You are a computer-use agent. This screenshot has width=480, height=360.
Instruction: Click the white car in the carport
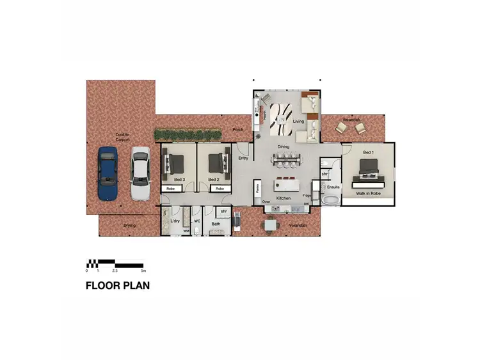pos(140,173)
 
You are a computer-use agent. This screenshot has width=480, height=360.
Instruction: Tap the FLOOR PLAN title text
pos(118,286)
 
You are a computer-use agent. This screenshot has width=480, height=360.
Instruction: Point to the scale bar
pos(115,263)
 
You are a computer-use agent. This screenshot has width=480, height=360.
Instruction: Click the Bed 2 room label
pos(214,180)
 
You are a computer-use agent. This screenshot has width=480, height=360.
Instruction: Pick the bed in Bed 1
pos(369,168)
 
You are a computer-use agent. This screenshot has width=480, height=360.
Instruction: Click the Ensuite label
pos(333,187)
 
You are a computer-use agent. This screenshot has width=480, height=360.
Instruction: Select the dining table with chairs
pos(285,159)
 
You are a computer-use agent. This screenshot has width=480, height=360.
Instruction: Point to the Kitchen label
pos(284,199)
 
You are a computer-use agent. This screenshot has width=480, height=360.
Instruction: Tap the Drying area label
pos(130,226)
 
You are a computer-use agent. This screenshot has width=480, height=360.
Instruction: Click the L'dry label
pos(175,221)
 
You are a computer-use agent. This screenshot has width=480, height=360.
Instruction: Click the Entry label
pos(243,158)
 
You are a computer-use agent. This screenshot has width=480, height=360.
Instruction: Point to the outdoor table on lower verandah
pos(271,224)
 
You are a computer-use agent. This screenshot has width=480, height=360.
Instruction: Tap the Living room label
pos(298,121)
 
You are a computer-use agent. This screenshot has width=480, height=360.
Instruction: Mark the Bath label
pos(216,224)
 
